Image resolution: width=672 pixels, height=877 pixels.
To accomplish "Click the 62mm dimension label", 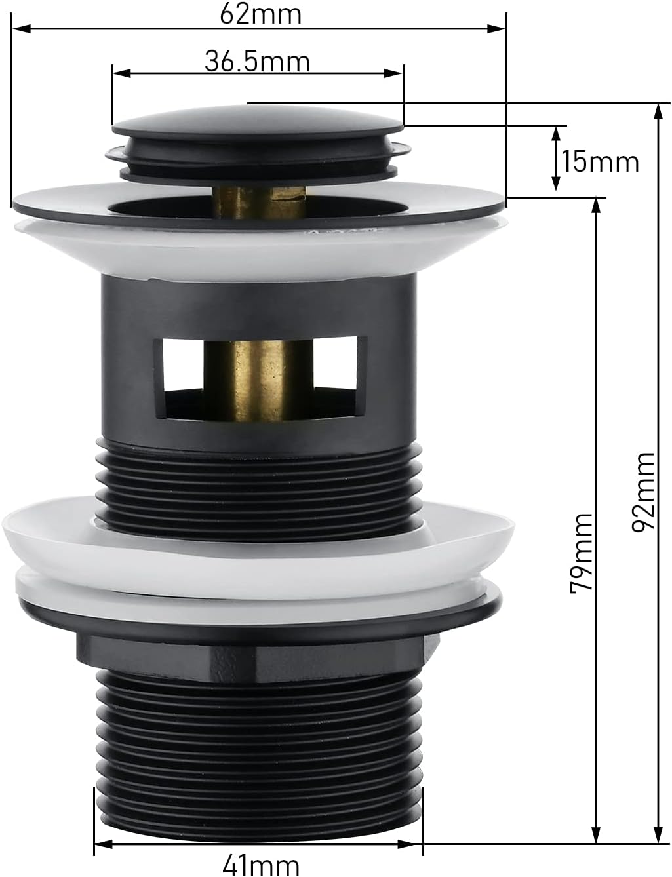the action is click(261, 14).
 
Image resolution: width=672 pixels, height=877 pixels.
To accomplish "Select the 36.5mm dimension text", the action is click(257, 62).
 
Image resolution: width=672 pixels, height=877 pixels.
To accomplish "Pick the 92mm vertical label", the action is click(642, 492).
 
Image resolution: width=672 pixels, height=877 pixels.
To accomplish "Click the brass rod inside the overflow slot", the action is click(258, 380).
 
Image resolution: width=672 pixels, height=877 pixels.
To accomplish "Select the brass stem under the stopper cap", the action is click(260, 200).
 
